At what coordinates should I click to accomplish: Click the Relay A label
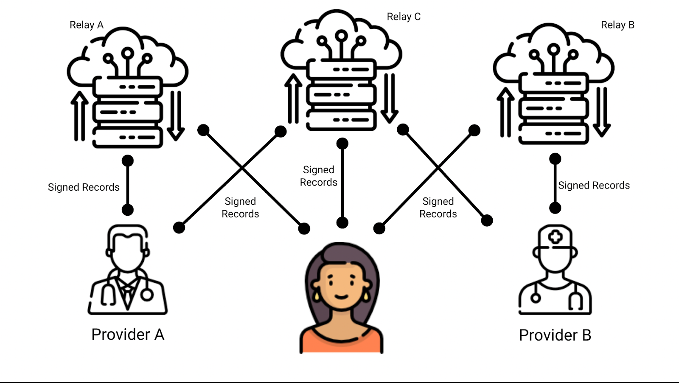coord(87,25)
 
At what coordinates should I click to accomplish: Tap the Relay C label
coord(404,17)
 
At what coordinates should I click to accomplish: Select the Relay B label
coord(617,25)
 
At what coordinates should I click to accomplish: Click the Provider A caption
coord(128,335)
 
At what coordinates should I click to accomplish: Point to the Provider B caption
coord(555,335)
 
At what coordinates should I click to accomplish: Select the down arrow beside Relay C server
coord(389,98)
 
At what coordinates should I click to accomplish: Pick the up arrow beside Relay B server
coord(505,112)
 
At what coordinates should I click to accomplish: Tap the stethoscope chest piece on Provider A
coord(147,294)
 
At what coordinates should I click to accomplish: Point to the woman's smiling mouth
coord(341,296)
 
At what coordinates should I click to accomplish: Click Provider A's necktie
coord(127,295)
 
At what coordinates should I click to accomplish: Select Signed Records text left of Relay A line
coord(84,187)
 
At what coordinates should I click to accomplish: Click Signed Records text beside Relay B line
coord(594,186)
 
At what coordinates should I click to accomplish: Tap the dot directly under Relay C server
coord(342,144)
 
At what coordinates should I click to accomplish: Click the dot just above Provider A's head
coord(128,209)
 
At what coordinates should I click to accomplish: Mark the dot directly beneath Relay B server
coord(555,159)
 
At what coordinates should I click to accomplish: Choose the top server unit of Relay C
coord(342,69)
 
